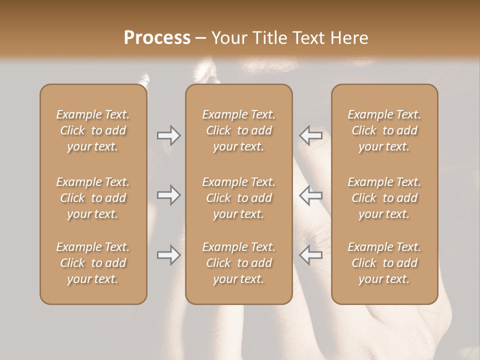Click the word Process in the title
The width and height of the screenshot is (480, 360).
(x=157, y=38)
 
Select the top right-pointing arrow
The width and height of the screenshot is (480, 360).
(x=168, y=135)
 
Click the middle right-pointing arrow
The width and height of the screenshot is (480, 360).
(x=168, y=195)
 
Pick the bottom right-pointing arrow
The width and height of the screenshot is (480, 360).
(x=168, y=255)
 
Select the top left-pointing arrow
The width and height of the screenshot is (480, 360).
(x=311, y=135)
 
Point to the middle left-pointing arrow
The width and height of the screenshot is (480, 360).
(x=311, y=195)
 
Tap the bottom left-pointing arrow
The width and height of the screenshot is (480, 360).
(x=311, y=255)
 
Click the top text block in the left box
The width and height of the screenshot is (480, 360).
(x=93, y=130)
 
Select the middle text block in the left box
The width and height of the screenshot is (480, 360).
(x=93, y=198)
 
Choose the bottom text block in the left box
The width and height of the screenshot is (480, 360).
(x=93, y=263)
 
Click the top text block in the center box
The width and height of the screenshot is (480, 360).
(x=238, y=130)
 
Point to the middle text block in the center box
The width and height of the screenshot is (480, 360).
(x=238, y=198)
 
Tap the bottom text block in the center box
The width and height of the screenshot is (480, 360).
(x=238, y=263)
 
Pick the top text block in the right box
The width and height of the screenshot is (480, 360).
(x=384, y=130)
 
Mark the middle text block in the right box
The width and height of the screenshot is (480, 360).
(x=384, y=198)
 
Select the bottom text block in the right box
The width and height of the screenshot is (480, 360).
(x=384, y=263)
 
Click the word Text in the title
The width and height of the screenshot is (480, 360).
(x=308, y=38)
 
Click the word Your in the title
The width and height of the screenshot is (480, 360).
(x=229, y=38)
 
